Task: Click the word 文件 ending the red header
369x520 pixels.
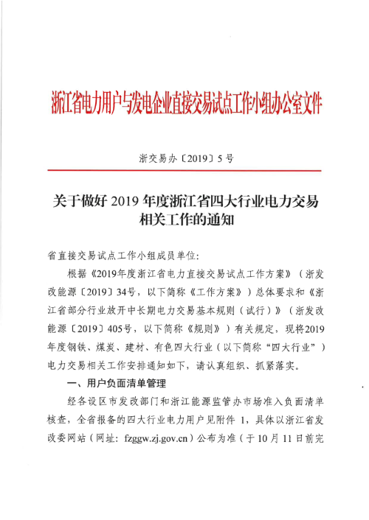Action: [x=311, y=102]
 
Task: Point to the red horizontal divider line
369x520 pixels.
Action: [x=184, y=171]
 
